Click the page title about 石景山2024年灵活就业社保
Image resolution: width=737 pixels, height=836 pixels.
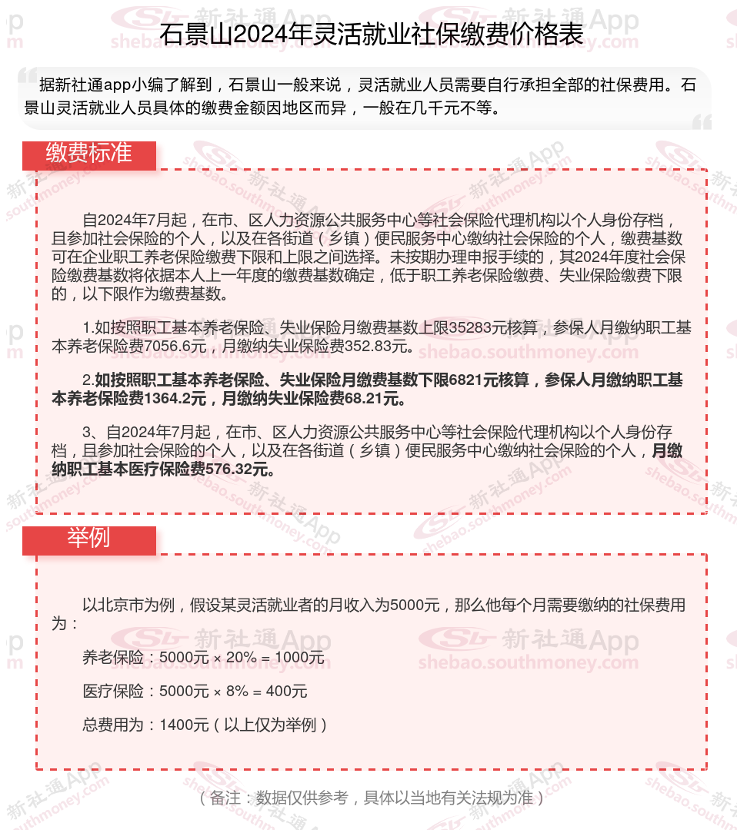[x=372, y=35]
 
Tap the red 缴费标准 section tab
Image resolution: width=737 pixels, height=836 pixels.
[x=88, y=153]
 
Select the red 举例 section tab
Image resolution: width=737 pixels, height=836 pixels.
[x=88, y=538]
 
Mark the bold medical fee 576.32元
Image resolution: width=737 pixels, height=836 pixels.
[x=242, y=469]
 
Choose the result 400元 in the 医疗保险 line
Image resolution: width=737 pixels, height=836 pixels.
[x=286, y=692]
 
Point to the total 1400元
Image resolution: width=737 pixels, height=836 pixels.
[x=184, y=725]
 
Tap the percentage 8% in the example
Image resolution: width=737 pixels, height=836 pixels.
[x=237, y=692]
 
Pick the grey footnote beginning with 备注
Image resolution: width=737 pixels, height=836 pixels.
[x=372, y=798]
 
